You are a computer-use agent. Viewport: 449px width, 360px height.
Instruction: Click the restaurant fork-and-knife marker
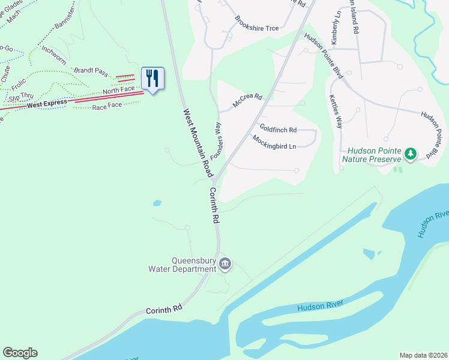pyautogui.click(x=152, y=78)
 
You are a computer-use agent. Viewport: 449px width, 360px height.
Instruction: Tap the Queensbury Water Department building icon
pyautogui.click(x=225, y=263)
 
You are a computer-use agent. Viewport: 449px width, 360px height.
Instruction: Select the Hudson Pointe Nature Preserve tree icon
pyautogui.click(x=411, y=154)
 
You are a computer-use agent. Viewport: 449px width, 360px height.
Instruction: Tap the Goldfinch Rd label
pyautogui.click(x=278, y=129)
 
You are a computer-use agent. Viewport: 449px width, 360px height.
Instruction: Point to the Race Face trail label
pyautogui.click(x=107, y=107)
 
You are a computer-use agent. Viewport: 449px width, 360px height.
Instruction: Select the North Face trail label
pyautogui.click(x=118, y=91)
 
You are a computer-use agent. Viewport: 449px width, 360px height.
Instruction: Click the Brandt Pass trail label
pyautogui.click(x=91, y=71)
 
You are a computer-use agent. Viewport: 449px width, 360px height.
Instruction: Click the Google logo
pyautogui.click(x=20, y=353)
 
